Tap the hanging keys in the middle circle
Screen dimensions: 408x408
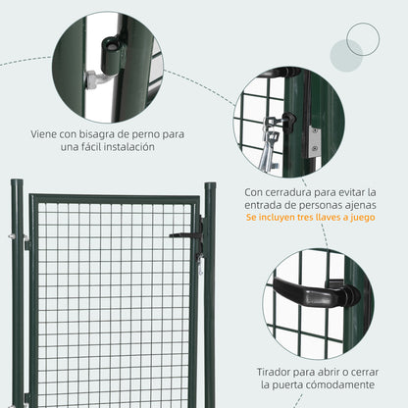[x=268, y=142]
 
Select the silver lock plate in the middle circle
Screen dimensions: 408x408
[x=314, y=140]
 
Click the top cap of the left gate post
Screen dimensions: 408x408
[x=17, y=183]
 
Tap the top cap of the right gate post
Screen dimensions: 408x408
[x=209, y=185]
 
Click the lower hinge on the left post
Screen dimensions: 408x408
[x=25, y=397]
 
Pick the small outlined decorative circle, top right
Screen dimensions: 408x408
[x=362, y=39]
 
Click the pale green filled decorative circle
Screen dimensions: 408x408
[x=346, y=56]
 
